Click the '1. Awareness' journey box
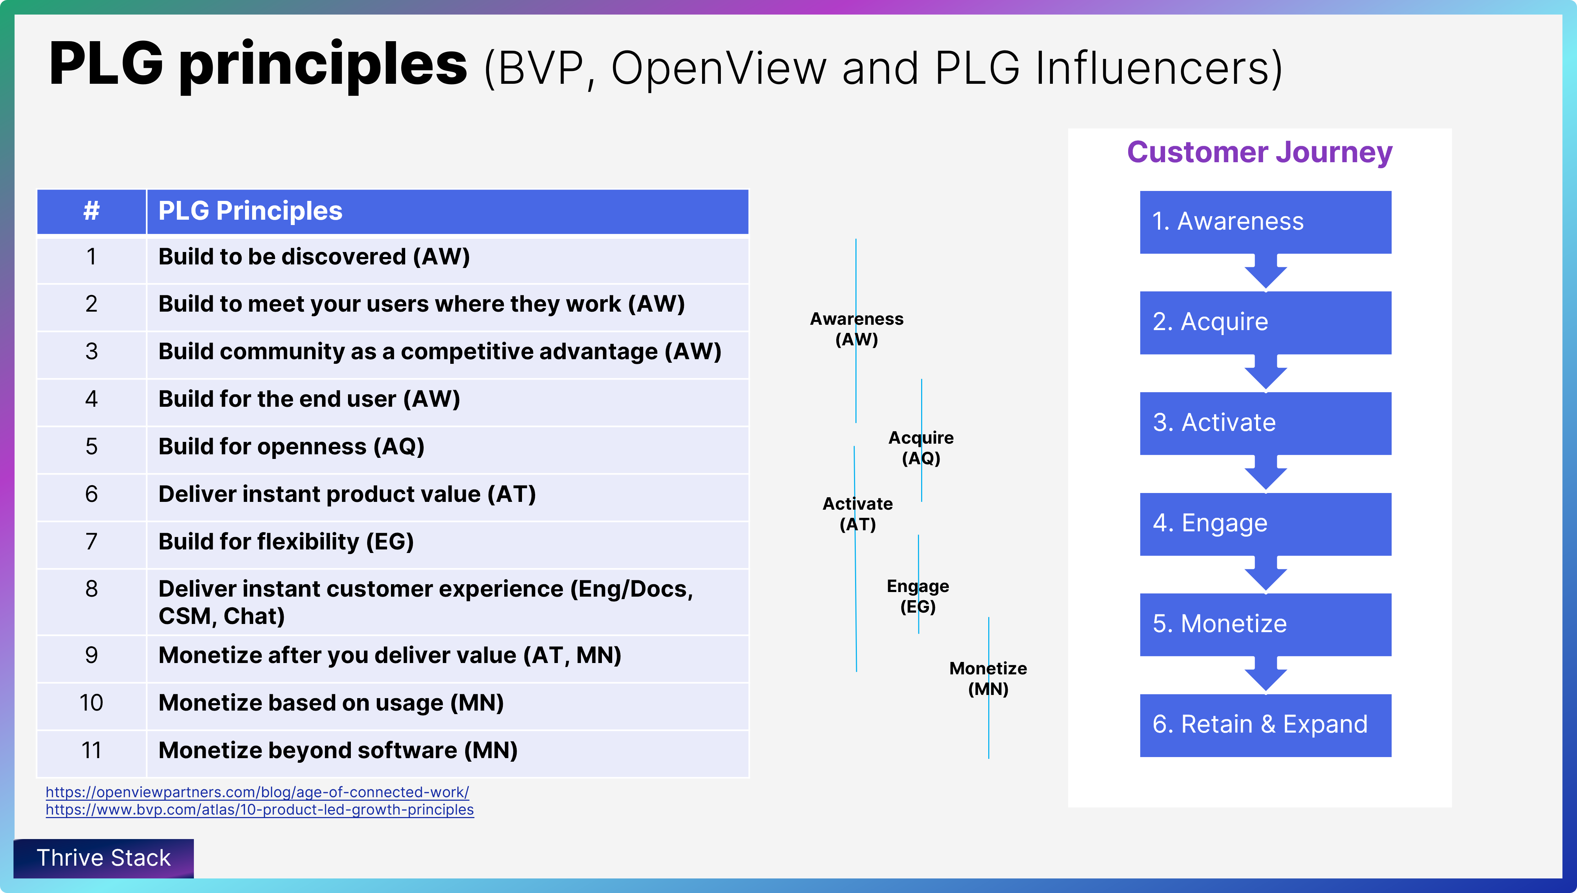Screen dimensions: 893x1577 (x=1265, y=222)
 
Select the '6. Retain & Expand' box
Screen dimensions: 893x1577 (x=1265, y=725)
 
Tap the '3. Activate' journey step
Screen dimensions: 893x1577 (x=1265, y=423)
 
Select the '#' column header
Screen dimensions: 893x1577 (x=91, y=211)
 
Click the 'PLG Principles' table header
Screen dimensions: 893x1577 (x=250, y=211)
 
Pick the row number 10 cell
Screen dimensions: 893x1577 (x=91, y=703)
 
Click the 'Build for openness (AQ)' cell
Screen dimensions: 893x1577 (x=292, y=446)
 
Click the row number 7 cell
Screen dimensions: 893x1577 (x=91, y=542)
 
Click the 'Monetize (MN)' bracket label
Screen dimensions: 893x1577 (x=988, y=678)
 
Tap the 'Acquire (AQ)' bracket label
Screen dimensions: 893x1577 (x=921, y=448)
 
